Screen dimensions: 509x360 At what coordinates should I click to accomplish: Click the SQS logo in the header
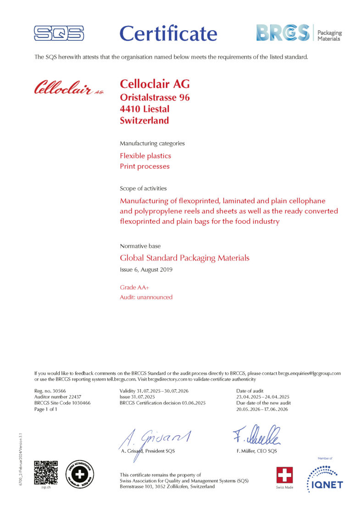pyautogui.click(x=59, y=33)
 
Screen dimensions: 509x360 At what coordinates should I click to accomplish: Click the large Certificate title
pyautogui.click(x=168, y=33)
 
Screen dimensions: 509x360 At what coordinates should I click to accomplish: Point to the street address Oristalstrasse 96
pyautogui.click(x=155, y=97)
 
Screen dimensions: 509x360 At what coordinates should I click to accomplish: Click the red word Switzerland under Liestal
pyautogui.click(x=144, y=121)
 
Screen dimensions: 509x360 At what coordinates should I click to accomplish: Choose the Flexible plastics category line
pyautogui.click(x=145, y=156)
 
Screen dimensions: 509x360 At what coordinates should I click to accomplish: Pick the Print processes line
pyautogui.click(x=144, y=166)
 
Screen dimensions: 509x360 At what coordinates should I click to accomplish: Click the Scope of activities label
pyautogui.click(x=143, y=188)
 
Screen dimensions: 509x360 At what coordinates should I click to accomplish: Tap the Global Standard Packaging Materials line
pyautogui.click(x=184, y=258)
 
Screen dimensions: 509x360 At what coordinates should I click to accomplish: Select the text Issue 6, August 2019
pyautogui.click(x=146, y=270)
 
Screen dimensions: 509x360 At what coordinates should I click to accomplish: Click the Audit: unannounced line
pyautogui.click(x=146, y=297)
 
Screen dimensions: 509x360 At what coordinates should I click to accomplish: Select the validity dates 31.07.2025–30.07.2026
pyautogui.click(x=154, y=390)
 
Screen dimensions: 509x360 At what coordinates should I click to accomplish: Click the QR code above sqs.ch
pyautogui.click(x=46, y=472)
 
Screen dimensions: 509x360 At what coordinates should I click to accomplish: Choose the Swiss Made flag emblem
pyautogui.click(x=284, y=475)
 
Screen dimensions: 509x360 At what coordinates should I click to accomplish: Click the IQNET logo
pyautogui.click(x=325, y=478)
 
